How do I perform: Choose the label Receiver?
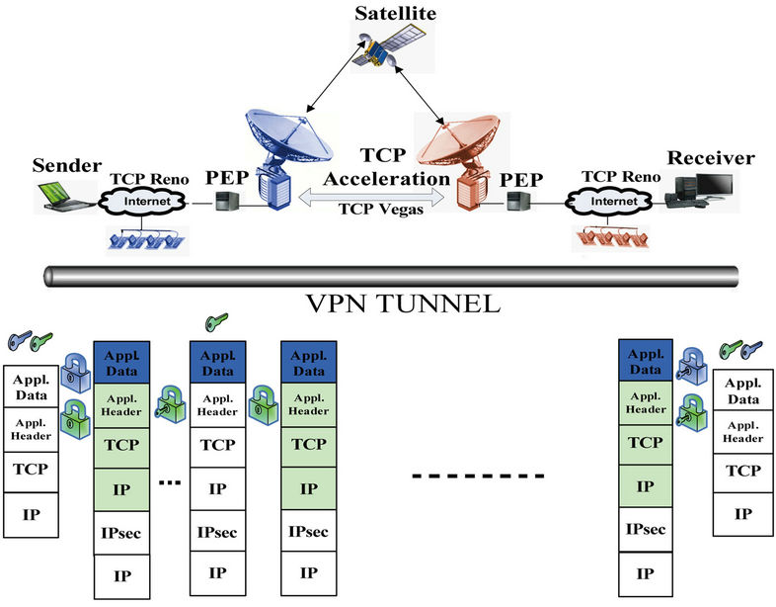pos(711,158)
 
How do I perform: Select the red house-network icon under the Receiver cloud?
pos(615,239)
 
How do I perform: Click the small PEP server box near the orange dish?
pos(518,204)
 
